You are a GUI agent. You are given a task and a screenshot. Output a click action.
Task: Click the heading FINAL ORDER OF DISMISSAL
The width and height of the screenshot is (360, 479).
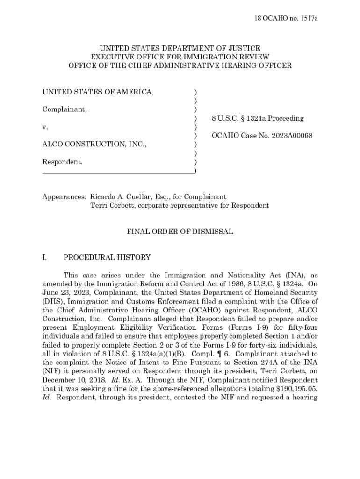pos(180,232)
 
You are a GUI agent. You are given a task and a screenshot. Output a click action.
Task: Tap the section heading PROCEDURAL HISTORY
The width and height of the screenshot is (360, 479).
pos(107,257)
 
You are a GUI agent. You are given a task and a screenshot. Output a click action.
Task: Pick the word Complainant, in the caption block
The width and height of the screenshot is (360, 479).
pos(65,109)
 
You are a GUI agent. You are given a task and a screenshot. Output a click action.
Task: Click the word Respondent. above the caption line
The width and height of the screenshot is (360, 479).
pos(63,162)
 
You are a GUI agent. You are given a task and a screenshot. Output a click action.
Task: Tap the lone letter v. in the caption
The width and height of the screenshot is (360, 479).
pos(45,127)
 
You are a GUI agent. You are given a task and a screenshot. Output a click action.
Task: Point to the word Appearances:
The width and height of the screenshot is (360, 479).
pos(64,197)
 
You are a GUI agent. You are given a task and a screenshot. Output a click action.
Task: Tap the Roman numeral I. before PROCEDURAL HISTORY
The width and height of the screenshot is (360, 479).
pos(44,257)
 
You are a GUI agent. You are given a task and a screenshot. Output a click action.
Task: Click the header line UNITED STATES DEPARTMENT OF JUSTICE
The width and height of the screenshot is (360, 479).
pos(180,48)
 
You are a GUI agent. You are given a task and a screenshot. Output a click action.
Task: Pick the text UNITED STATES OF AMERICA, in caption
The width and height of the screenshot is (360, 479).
pos(98,92)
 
